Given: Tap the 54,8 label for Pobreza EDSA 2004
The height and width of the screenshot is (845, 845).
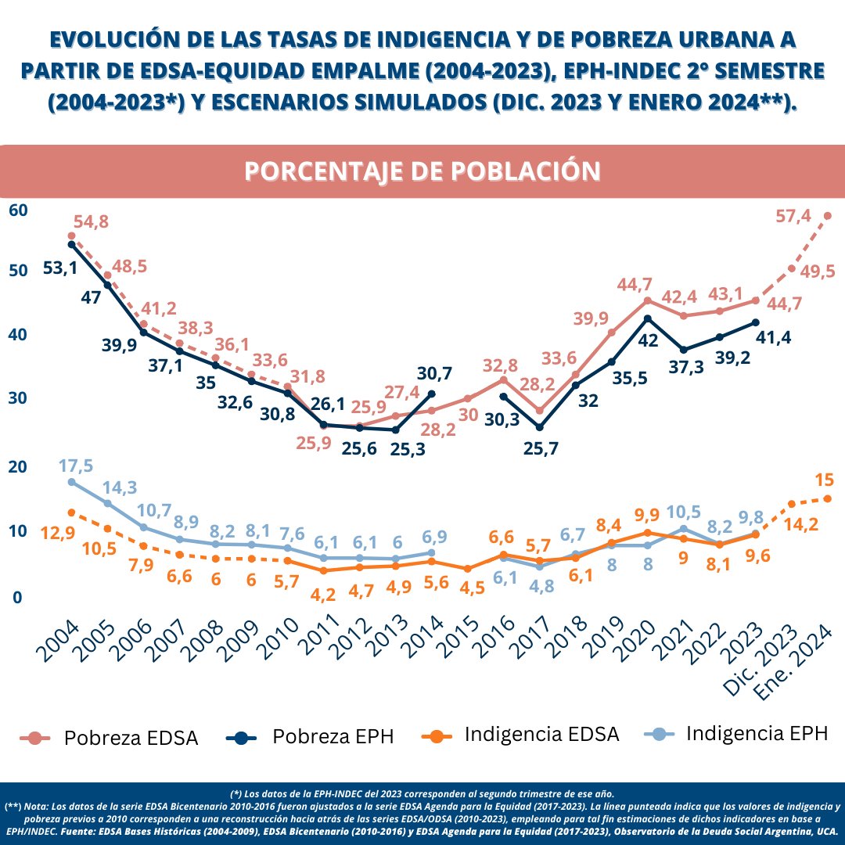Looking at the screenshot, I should (91, 221).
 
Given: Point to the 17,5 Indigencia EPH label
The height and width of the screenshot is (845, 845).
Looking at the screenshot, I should (76, 466).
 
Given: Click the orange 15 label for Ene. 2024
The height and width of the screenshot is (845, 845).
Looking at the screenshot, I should (824, 479).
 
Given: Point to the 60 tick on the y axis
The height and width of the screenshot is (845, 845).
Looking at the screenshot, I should (18, 210).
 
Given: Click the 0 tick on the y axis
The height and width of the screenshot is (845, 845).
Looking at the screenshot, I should (17, 598).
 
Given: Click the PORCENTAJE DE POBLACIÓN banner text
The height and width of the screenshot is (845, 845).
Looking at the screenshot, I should (422, 171).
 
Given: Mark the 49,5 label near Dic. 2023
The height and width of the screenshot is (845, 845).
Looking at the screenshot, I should (818, 271).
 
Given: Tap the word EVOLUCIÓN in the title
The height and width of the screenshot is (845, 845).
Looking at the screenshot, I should (123, 38).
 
